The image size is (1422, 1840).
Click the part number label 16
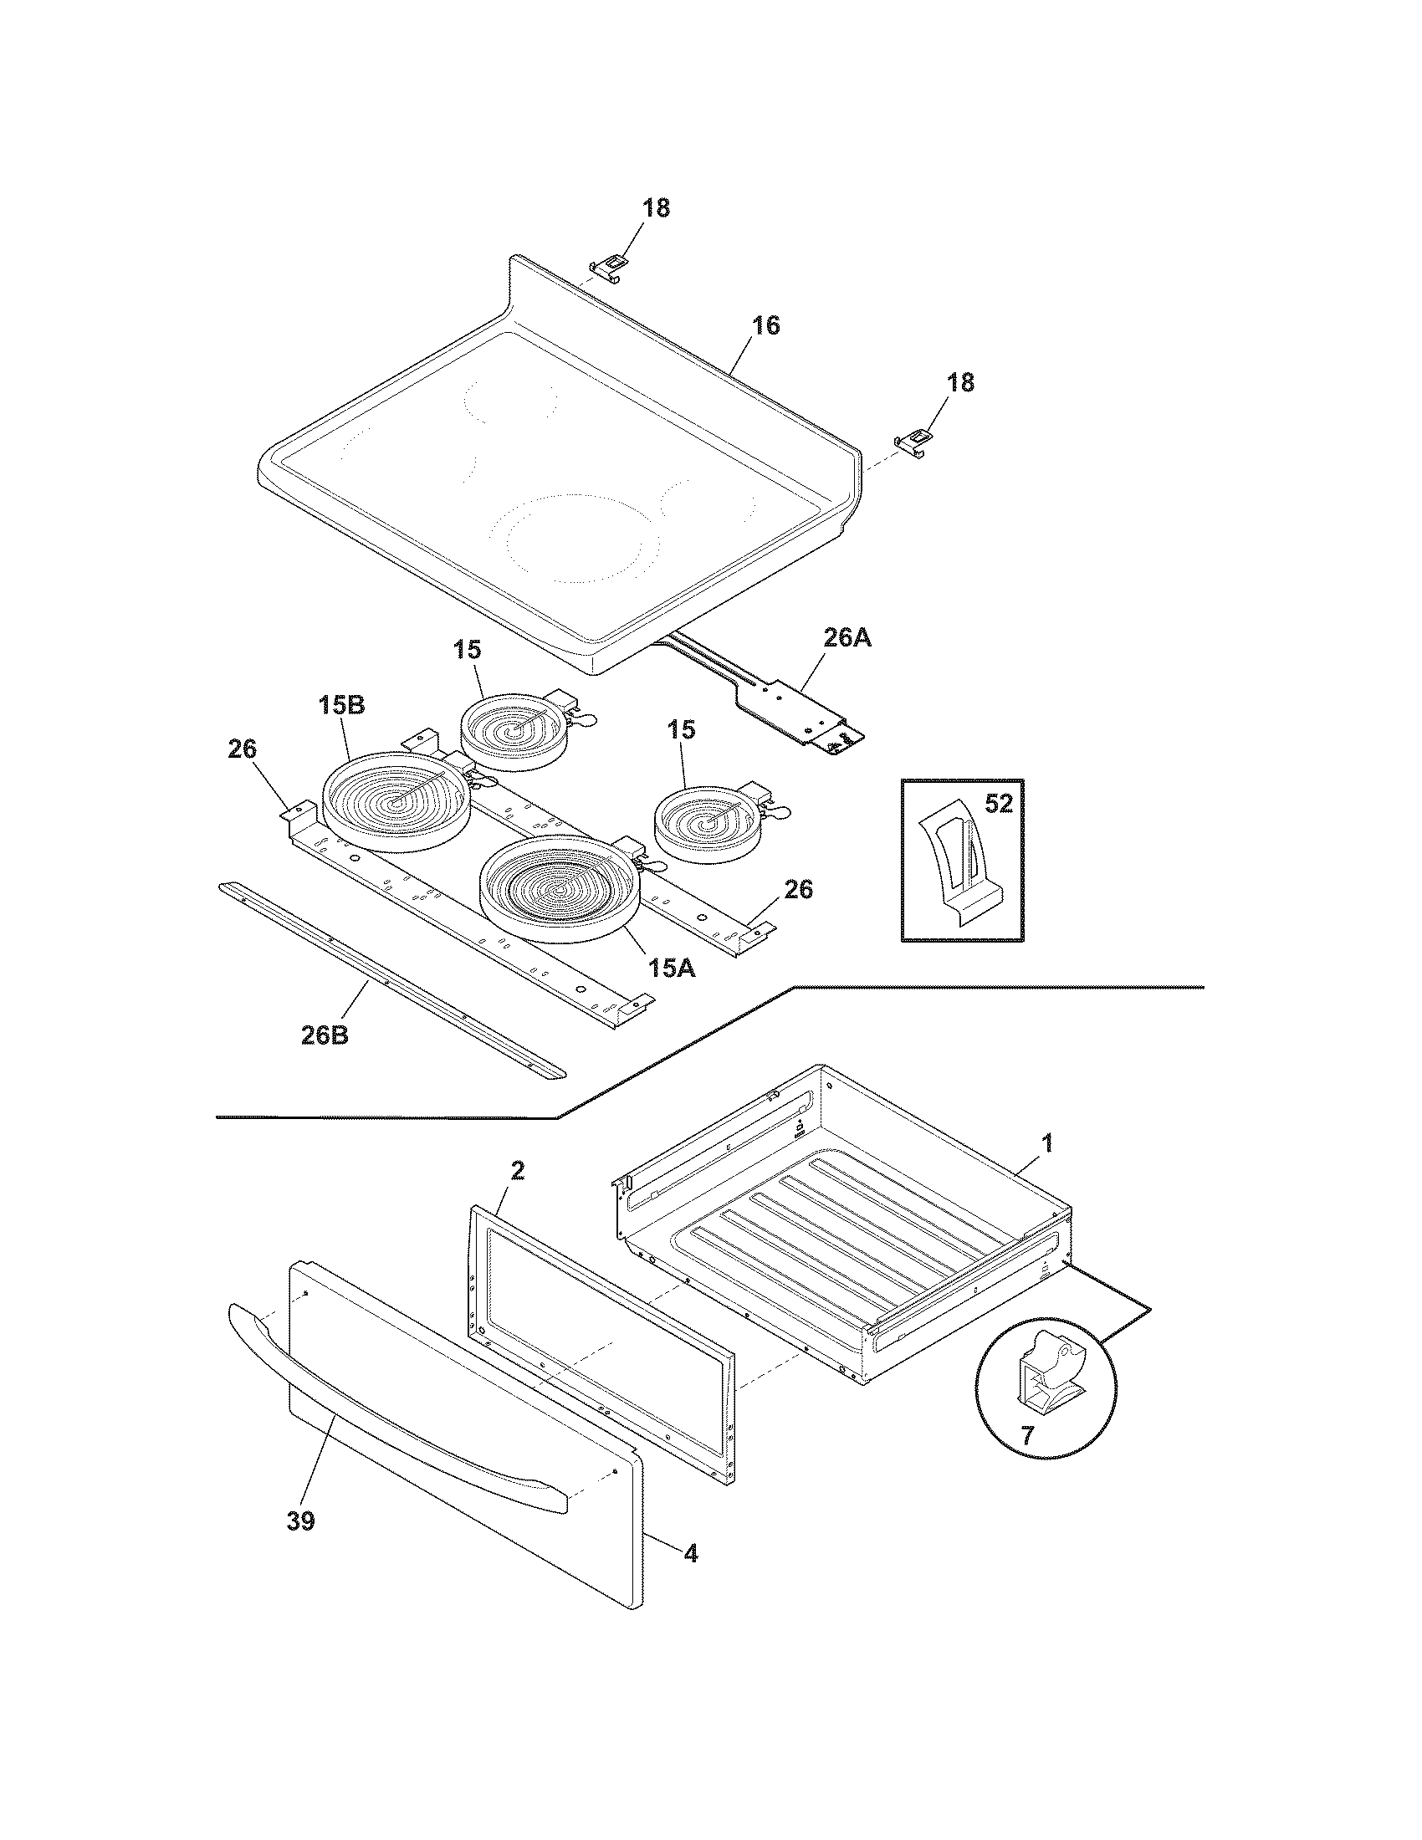click(x=765, y=325)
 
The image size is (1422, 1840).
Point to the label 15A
click(x=672, y=969)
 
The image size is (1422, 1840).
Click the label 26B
click(x=325, y=1035)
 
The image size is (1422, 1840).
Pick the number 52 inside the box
click(x=998, y=804)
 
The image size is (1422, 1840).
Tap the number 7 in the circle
click(x=1028, y=1435)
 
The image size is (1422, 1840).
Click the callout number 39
click(x=301, y=1521)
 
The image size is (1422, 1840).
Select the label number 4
click(x=690, y=1554)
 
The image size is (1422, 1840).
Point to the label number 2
click(x=518, y=1169)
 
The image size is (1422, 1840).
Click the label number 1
click(x=1047, y=1143)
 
